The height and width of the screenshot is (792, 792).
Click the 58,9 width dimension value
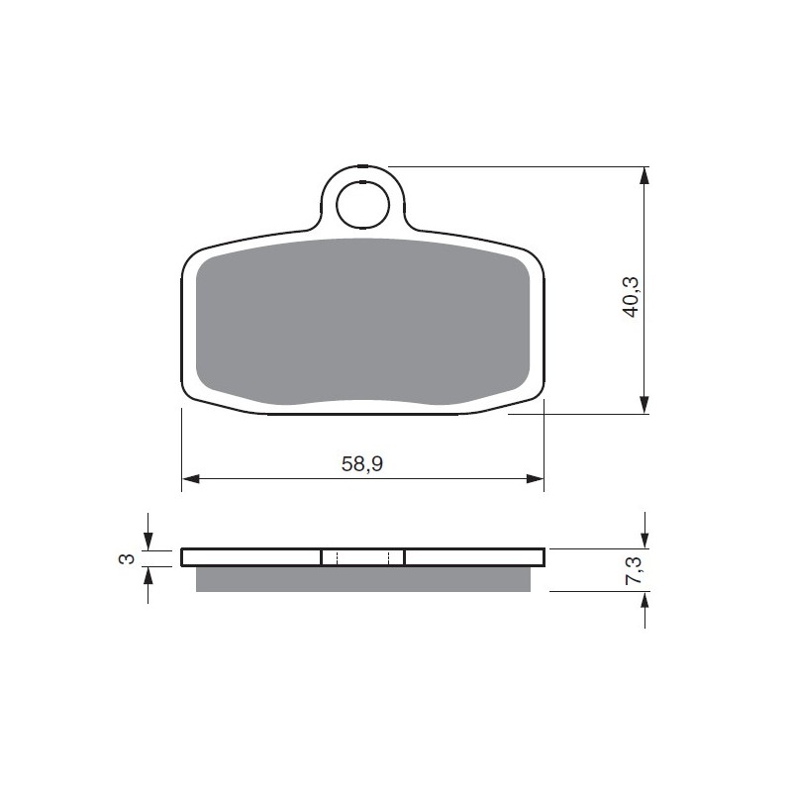(x=361, y=463)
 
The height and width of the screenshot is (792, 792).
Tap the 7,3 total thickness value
(x=634, y=570)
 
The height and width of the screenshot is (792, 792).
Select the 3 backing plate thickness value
(x=127, y=558)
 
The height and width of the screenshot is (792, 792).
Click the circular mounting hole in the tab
(x=363, y=205)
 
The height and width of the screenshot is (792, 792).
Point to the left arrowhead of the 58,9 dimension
(x=190, y=479)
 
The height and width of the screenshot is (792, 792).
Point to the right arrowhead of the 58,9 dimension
(x=535, y=479)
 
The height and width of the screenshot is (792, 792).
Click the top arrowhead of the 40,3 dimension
(x=643, y=175)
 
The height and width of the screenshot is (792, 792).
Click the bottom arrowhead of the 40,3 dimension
(x=643, y=405)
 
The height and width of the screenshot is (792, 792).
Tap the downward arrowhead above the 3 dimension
(x=148, y=541)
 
